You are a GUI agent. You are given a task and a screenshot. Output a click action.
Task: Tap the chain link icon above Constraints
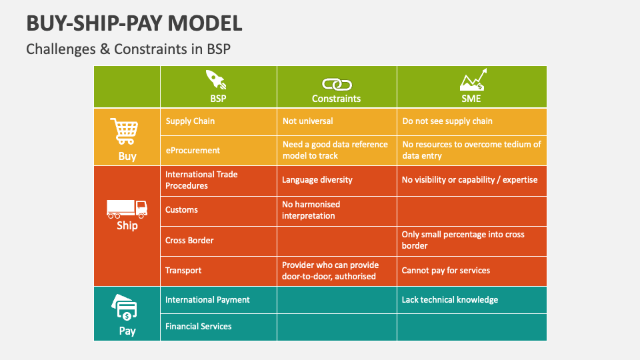pyautogui.click(x=336, y=84)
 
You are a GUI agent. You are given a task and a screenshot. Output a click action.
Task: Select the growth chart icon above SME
pyautogui.click(x=473, y=81)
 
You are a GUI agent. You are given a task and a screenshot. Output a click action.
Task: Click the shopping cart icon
pyautogui.click(x=124, y=131)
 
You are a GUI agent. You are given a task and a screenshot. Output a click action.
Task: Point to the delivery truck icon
pyautogui.click(x=127, y=209)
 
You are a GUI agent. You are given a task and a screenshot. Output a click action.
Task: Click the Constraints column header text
pyautogui.click(x=336, y=99)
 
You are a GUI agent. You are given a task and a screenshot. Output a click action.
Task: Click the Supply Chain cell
pyautogui.click(x=190, y=121)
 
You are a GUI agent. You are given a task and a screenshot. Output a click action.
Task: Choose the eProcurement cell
pyautogui.click(x=192, y=151)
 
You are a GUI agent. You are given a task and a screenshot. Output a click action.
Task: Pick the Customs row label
pyautogui.click(x=181, y=210)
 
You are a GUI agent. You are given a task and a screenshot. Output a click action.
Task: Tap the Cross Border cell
pyautogui.click(x=189, y=240)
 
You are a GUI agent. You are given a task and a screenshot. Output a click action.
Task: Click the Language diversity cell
pyautogui.click(x=317, y=180)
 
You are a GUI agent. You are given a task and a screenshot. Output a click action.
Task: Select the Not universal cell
pyautogui.click(x=307, y=121)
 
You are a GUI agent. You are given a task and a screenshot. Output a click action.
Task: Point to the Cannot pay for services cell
pyautogui.click(x=445, y=271)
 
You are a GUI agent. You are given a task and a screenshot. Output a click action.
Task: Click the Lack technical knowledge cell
pyautogui.click(x=449, y=300)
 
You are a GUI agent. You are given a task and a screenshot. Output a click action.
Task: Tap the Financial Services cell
pyautogui.click(x=199, y=327)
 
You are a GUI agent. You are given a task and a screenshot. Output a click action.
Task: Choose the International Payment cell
pyautogui.click(x=207, y=300)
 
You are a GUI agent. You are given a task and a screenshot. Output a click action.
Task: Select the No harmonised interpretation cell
pyautogui.click(x=311, y=210)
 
